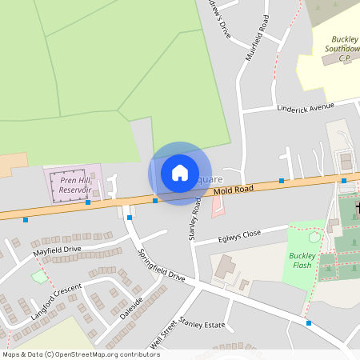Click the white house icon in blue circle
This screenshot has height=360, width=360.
pos(180,172)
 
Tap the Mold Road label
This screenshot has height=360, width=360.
pos(234,190)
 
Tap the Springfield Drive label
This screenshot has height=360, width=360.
pos(161,264)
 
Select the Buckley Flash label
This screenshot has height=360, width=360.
pos(302,260)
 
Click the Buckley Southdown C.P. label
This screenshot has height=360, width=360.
pos(342,48)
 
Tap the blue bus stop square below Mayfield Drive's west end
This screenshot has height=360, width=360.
pos(26,219)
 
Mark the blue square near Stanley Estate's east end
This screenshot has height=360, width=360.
pos(309,323)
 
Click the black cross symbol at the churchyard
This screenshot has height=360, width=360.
pos(356,209)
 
